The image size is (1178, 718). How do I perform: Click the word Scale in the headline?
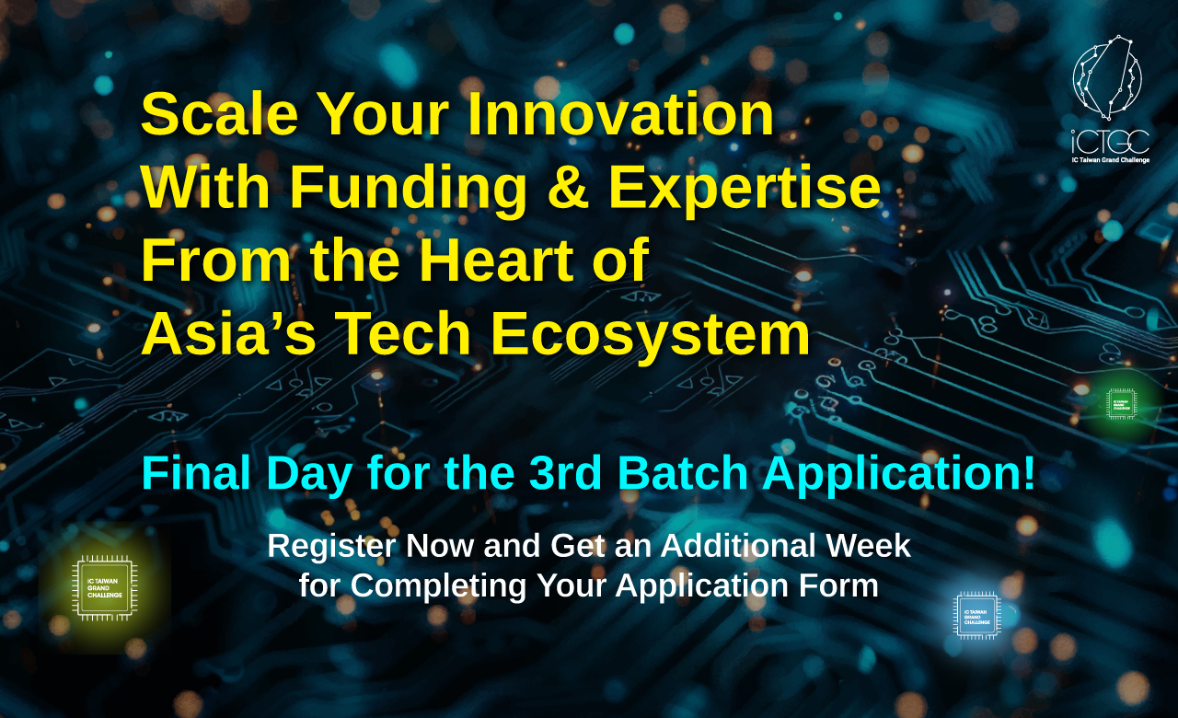point(220,113)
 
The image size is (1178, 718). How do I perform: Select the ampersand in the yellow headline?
point(568,187)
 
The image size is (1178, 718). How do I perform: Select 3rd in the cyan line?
point(565,473)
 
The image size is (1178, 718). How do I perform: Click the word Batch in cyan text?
point(683,473)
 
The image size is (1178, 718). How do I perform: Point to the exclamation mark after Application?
point(1030,473)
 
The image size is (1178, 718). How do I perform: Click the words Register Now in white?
point(371,547)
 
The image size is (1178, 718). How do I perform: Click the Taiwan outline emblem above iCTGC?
point(1107,77)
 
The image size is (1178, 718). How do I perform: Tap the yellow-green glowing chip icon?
point(105,587)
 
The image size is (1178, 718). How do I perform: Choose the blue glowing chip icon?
point(977,616)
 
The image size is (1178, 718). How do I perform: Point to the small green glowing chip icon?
point(1121,404)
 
